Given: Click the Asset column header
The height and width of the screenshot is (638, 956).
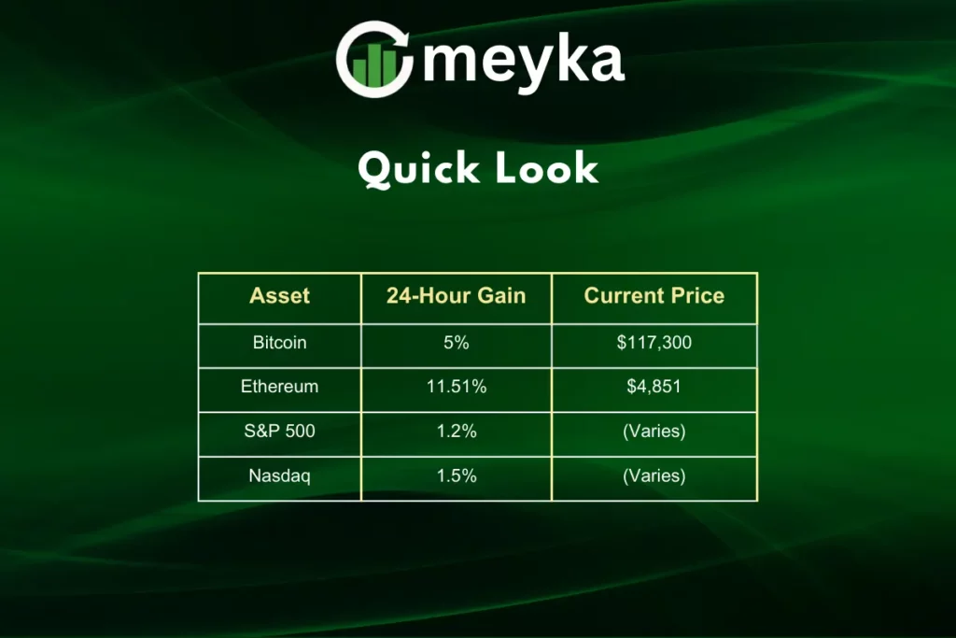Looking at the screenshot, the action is click(279, 296).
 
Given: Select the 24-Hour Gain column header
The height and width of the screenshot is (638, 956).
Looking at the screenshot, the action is click(456, 296).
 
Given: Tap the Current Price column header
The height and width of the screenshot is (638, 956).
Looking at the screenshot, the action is click(654, 296).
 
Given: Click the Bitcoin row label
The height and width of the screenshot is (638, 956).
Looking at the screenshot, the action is click(279, 343).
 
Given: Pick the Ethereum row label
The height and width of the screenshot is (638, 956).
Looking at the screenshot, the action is click(279, 387).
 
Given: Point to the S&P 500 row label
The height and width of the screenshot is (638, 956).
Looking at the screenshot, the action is click(279, 432).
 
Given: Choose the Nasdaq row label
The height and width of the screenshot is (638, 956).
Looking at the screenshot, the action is click(279, 475).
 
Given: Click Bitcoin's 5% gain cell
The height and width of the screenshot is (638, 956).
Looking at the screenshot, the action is click(456, 343).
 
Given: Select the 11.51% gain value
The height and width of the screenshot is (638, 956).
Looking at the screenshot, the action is click(456, 387).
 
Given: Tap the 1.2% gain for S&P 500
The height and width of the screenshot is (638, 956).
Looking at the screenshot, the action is click(456, 432).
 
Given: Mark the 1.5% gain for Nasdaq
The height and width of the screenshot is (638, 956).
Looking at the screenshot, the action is click(456, 475).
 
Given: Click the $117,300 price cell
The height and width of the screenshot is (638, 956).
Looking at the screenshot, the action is click(654, 343).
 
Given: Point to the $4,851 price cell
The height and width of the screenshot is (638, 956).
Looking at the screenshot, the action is click(654, 387).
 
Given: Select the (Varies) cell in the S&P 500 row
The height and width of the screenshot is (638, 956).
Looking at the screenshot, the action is click(654, 432).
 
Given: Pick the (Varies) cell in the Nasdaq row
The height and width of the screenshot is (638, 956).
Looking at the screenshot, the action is click(654, 475).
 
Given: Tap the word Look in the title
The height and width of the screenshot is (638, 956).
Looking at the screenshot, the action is click(546, 168).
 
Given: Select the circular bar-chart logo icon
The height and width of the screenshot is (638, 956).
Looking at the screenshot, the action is click(374, 59).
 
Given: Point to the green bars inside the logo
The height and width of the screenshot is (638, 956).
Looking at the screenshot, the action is click(375, 65).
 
